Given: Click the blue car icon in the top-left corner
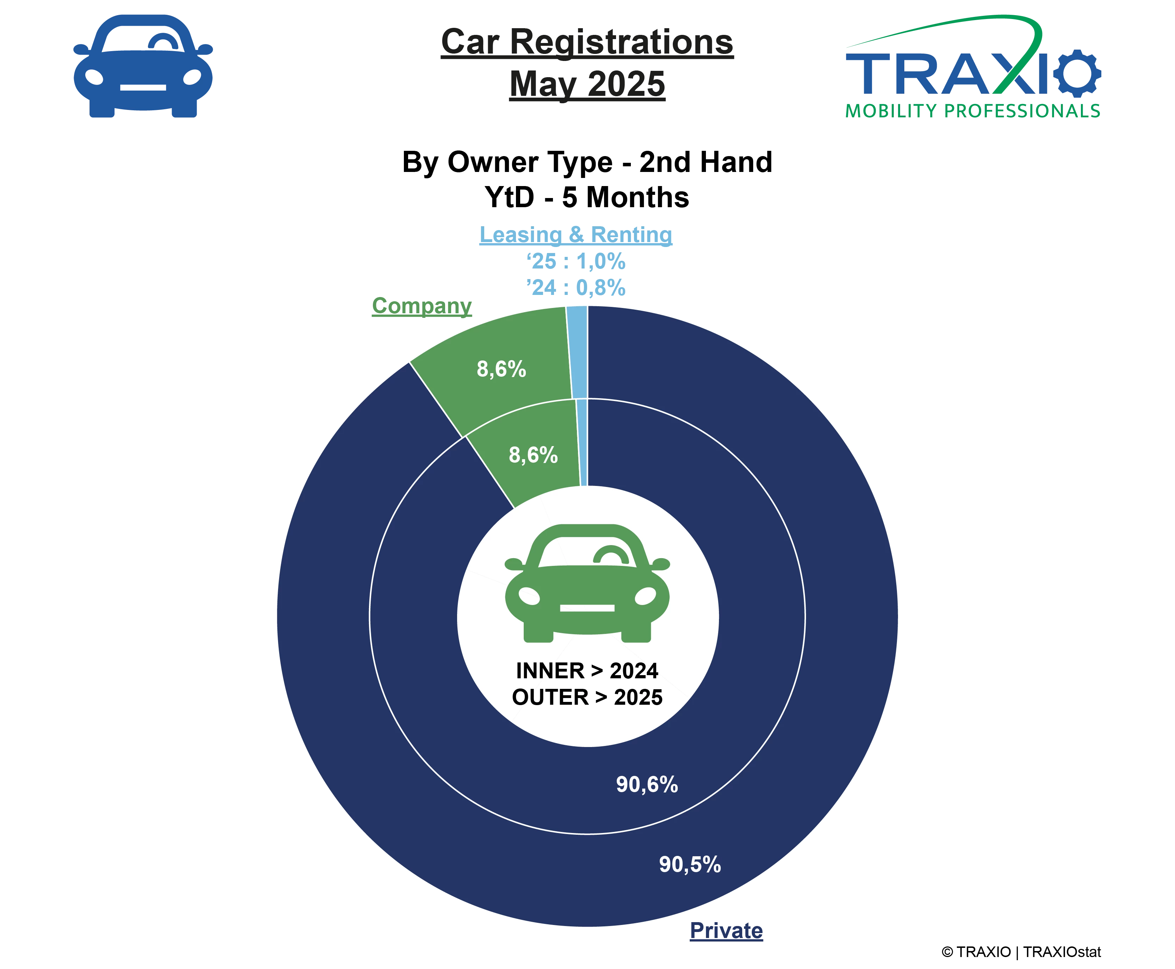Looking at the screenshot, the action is (x=143, y=66).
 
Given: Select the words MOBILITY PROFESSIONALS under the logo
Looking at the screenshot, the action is (x=972, y=111).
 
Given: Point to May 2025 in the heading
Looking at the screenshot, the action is (x=587, y=84).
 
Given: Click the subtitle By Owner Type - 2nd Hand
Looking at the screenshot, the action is (x=587, y=162).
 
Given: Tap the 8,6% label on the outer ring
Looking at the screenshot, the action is (x=501, y=369).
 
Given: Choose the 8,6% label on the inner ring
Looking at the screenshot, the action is (x=533, y=455).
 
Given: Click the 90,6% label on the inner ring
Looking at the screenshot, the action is (x=647, y=784).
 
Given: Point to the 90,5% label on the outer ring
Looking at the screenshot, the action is (x=690, y=864).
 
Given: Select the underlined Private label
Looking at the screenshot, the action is (x=726, y=931).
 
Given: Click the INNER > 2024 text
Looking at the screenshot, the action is (x=587, y=671).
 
